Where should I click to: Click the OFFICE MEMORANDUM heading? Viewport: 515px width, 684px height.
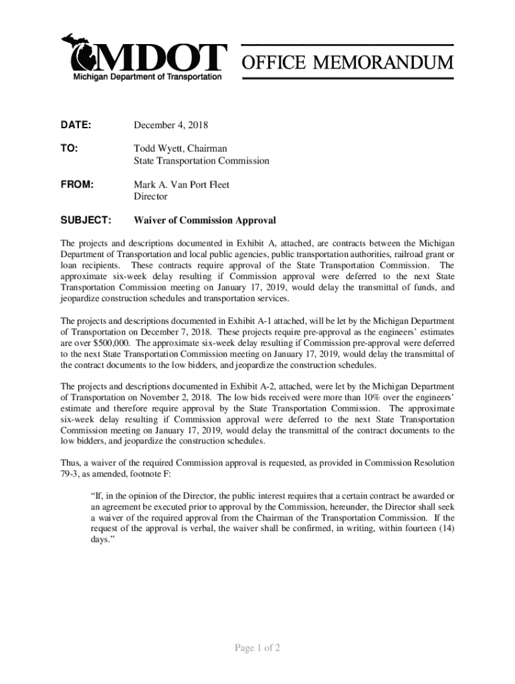(347, 63)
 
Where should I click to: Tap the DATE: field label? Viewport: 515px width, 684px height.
(76, 126)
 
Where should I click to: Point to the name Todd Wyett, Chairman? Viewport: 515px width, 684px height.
(181, 149)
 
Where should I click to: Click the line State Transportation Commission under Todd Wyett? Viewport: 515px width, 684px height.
(201, 161)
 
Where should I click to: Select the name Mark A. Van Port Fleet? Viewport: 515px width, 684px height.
(182, 184)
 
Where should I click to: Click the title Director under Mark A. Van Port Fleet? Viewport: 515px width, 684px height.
(150, 196)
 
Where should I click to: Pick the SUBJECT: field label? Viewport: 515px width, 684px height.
(86, 220)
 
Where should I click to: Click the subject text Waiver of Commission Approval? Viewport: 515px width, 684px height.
(205, 220)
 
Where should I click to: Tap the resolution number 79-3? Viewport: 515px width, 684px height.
(70, 474)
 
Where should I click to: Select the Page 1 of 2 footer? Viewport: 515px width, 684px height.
(257, 648)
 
